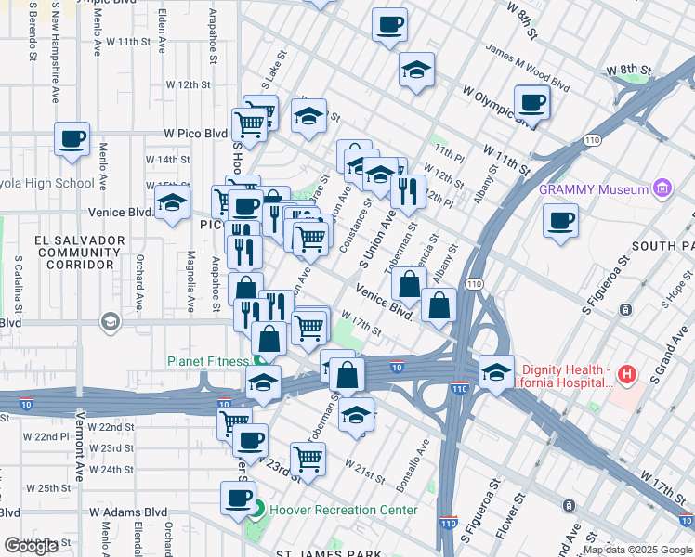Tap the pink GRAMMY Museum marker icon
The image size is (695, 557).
pos(662,189)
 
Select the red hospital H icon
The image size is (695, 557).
pos(627,375)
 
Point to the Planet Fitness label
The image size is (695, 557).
pos(208,361)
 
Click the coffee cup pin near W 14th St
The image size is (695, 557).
pos(72,140)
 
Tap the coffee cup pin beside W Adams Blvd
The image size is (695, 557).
pos(238,498)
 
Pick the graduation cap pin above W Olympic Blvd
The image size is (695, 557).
pos(417,70)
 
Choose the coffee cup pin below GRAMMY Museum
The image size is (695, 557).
pos(560,222)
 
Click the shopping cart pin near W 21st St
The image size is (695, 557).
pos(308,458)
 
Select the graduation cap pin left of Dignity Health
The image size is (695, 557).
pos(496,372)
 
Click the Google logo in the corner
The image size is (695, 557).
pos(31,546)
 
